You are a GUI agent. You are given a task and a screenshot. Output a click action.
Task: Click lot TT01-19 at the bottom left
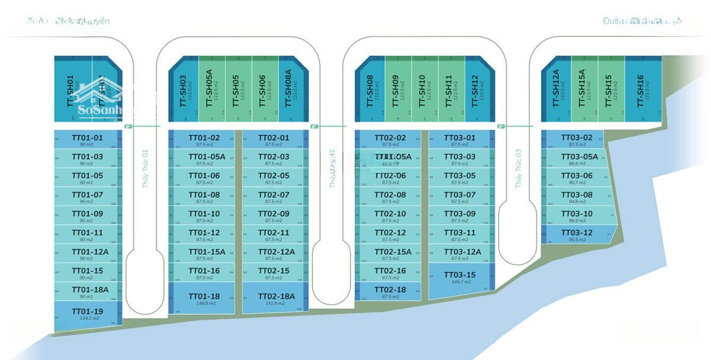(x=87, y=315)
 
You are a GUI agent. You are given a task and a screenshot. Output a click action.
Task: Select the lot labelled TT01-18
(x=203, y=299)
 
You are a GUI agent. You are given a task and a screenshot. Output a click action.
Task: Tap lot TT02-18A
(x=275, y=299)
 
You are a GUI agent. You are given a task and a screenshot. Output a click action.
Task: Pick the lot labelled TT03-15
(x=460, y=278)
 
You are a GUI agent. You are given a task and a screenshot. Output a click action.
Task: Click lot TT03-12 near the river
(x=577, y=235)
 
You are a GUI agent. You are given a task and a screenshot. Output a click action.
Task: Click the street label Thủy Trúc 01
(x=145, y=168)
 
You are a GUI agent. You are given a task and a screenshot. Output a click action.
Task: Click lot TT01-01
(x=87, y=140)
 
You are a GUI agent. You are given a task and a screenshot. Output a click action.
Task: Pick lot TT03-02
(x=577, y=140)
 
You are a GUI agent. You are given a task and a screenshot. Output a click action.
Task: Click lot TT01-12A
(x=87, y=254)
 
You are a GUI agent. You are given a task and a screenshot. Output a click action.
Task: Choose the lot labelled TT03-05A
(x=579, y=159)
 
